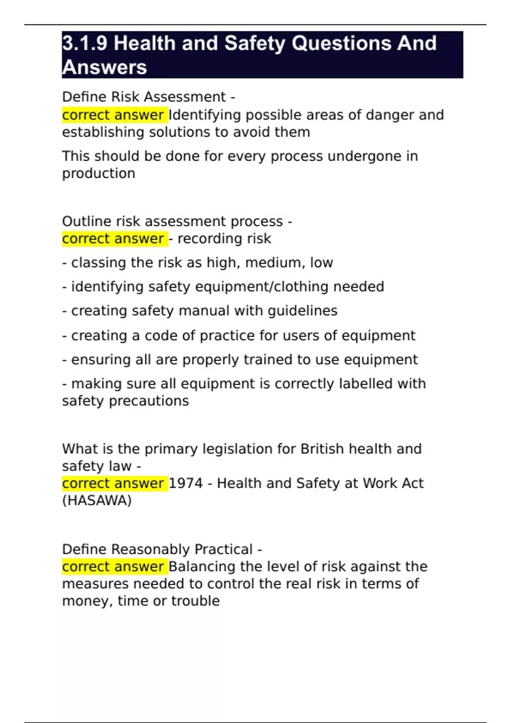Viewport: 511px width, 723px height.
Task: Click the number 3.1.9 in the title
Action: [x=84, y=43]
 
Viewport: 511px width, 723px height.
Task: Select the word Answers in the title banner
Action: [x=105, y=67]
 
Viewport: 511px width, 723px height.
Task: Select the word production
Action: [x=98, y=174]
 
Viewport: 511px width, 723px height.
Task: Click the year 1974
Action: [x=186, y=484]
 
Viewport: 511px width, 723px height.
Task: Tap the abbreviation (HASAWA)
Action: [x=97, y=501]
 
